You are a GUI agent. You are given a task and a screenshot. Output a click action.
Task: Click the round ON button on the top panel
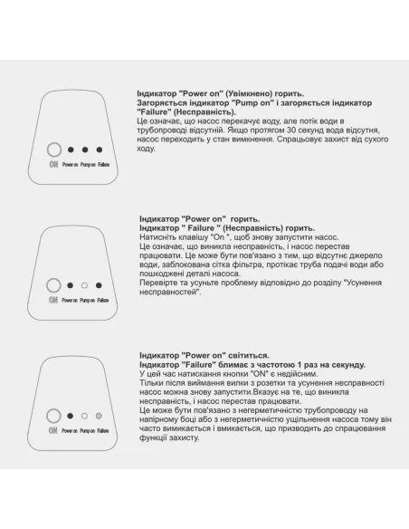coord(53,150)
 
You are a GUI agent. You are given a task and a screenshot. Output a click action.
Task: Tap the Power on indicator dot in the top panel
coord(71,150)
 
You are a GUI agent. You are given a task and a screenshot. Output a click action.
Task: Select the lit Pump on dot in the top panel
coord(84,150)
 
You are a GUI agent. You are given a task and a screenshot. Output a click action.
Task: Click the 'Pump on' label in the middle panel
coord(87,299)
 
